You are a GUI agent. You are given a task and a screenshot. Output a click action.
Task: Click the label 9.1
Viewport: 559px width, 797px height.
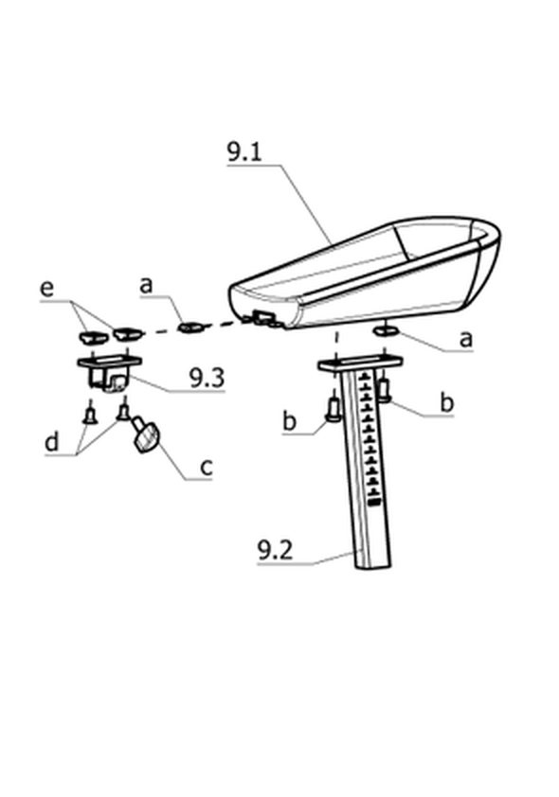[x=244, y=152]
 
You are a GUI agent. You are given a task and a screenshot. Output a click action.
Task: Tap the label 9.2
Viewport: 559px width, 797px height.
[x=275, y=551]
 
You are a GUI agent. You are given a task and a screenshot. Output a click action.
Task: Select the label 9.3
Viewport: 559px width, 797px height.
[x=207, y=378]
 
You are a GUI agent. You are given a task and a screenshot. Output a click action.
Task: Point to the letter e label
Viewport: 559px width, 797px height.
[x=46, y=289]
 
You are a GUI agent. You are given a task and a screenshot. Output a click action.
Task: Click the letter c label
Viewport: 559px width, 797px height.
[x=206, y=467]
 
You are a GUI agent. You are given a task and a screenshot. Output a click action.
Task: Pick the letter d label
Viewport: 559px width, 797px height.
[x=52, y=441]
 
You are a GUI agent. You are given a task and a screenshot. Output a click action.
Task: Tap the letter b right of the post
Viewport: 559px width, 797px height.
[x=446, y=402]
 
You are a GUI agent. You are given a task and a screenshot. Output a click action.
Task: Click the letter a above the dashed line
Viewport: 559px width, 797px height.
[x=146, y=285]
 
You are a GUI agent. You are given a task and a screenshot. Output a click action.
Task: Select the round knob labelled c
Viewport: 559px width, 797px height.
[x=146, y=434]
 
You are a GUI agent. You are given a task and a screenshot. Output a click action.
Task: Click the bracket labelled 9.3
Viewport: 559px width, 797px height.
[x=109, y=373]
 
